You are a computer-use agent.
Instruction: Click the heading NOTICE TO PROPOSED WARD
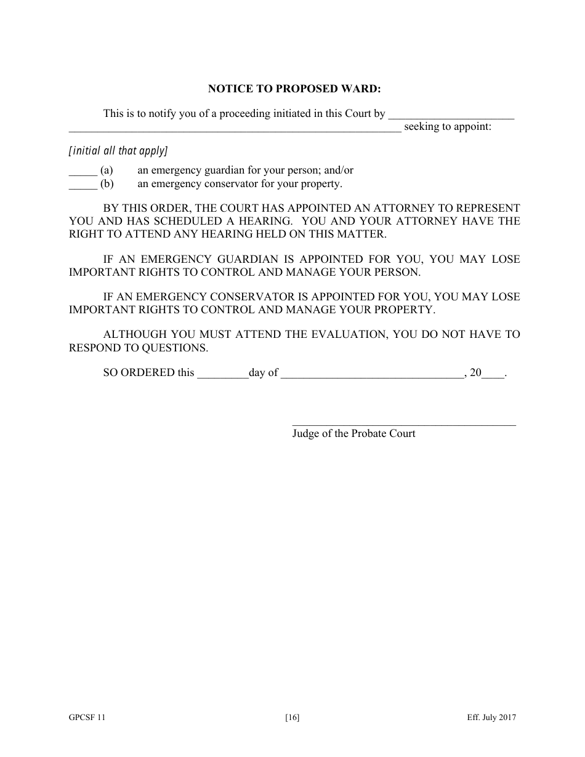click(x=294, y=89)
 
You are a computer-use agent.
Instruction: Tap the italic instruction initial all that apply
click(x=118, y=151)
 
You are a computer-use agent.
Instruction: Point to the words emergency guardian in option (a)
click(x=188, y=170)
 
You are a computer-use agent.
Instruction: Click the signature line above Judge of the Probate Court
click(x=403, y=424)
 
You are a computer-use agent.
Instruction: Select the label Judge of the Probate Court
click(x=353, y=434)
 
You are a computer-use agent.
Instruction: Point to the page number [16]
click(x=292, y=718)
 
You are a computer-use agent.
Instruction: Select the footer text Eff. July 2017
click(x=491, y=718)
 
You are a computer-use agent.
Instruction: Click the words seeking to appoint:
click(x=448, y=127)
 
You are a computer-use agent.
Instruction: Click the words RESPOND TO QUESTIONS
click(x=139, y=348)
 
